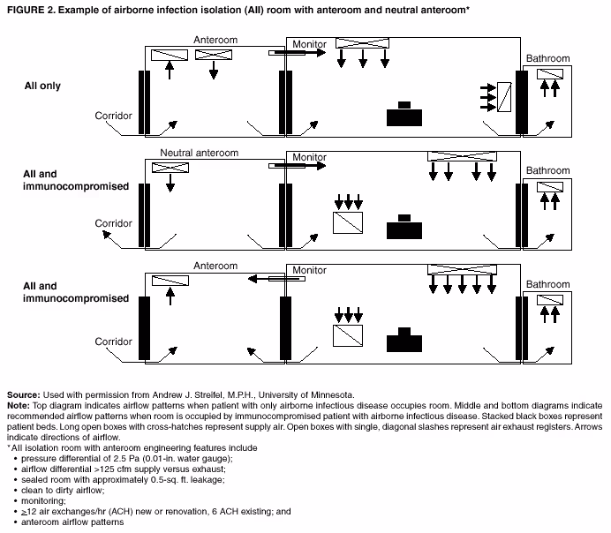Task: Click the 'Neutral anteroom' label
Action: (x=200, y=153)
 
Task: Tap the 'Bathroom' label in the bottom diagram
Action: (x=547, y=285)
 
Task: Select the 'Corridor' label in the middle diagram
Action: (x=113, y=223)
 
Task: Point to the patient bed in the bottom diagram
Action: (x=404, y=341)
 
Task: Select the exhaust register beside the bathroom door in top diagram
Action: (x=505, y=95)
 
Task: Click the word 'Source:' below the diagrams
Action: (x=23, y=394)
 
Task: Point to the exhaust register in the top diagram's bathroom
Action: (x=549, y=73)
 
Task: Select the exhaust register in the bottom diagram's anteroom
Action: (x=170, y=281)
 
